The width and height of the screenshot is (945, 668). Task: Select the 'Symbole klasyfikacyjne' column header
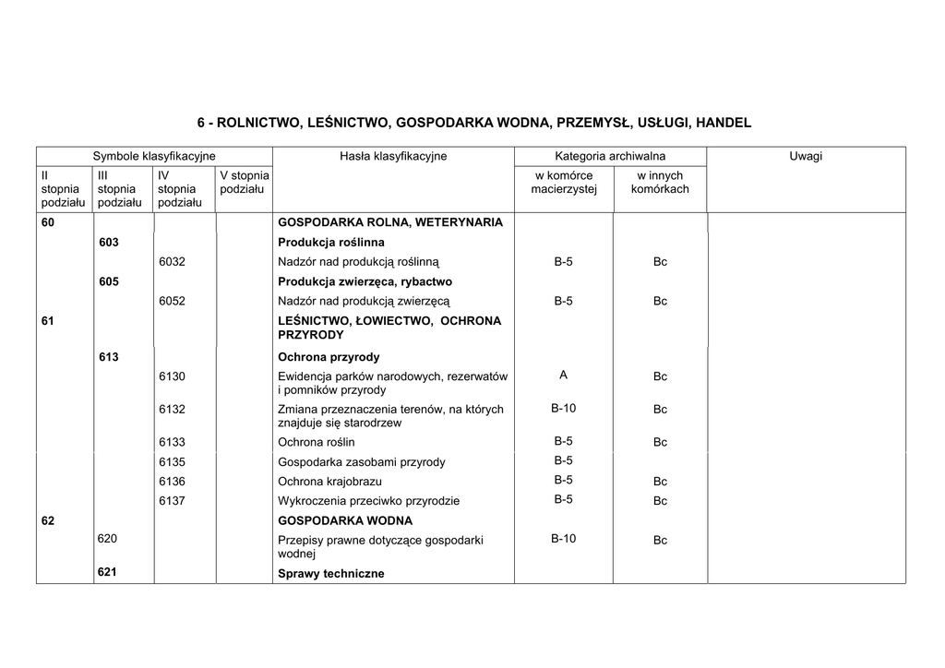coord(154,156)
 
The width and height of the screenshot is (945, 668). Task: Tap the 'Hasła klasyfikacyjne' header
coord(393,156)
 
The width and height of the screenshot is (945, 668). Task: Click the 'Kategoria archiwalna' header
coord(610,156)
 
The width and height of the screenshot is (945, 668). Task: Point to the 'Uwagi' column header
coord(805,156)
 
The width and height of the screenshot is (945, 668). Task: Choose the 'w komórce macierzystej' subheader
coord(564,182)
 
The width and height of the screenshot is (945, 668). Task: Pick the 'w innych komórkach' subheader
coord(660,182)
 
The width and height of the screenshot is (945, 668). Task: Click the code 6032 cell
coord(173,262)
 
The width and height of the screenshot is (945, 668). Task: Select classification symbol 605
coord(109,281)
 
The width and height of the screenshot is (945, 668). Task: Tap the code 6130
coord(173,376)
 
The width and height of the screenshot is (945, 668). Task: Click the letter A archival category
coord(563,375)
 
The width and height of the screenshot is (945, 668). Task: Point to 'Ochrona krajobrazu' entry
coord(329,482)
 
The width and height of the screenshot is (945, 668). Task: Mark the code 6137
coord(173,501)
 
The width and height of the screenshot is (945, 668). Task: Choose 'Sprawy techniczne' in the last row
coord(330,574)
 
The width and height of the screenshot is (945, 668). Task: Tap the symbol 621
coord(108,572)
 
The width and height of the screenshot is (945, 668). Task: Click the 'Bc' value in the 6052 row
coord(660,301)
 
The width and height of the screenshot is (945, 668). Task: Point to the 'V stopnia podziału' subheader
coord(244,182)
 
